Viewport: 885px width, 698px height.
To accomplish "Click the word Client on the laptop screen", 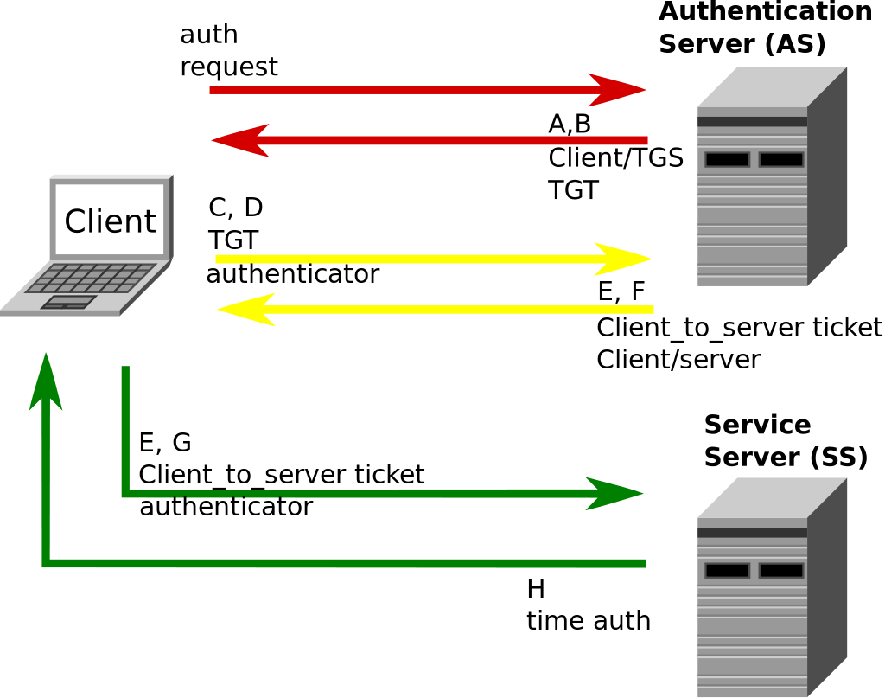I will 110,221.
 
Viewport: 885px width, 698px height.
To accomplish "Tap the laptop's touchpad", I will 68,302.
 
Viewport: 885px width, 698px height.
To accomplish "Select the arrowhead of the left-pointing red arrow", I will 240,140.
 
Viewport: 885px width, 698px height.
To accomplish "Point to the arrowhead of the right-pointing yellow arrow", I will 624,259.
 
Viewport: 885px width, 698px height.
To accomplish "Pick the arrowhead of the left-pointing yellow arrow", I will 246,310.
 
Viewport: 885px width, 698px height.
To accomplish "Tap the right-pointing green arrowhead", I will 614,494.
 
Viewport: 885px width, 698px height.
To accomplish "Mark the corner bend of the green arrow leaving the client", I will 126,494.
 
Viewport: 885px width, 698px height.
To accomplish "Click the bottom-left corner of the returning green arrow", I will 47,563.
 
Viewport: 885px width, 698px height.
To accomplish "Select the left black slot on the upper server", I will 727,160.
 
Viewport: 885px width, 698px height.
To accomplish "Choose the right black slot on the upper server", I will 781,160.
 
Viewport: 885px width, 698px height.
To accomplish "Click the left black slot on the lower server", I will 727,571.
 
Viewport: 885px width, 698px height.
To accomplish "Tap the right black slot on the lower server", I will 781,571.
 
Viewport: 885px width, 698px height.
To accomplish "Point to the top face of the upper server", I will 772,86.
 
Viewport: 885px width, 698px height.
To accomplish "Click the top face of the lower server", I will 772,497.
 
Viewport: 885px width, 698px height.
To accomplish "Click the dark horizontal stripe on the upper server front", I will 752,122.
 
